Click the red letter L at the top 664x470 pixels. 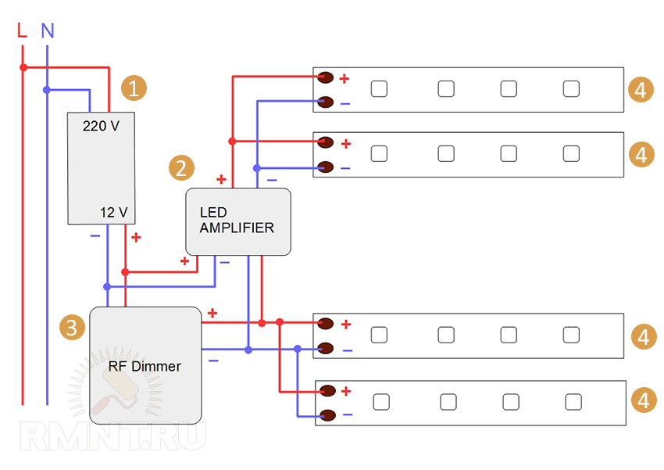22,30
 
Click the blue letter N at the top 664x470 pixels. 48,31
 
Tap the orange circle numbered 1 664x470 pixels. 135,88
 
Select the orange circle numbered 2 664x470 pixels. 180,167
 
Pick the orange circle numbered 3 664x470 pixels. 72,327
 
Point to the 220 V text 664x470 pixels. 101,124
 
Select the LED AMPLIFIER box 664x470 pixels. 237,221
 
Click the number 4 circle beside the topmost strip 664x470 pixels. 640,90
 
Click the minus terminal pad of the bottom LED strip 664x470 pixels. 327,414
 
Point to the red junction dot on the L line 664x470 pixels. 23,67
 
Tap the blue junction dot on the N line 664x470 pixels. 47,90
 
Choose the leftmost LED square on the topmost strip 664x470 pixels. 379,89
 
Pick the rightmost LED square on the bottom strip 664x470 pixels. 573,402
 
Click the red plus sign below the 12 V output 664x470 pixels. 136,237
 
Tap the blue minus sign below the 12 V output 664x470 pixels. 95,235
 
